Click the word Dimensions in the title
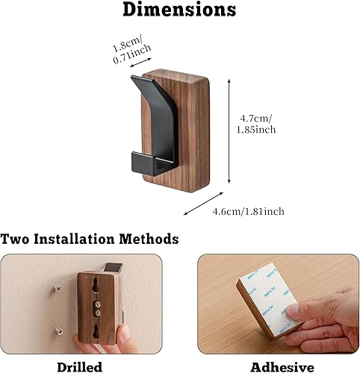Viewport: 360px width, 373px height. point(179,10)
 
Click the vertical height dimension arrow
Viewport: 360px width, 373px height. point(229,131)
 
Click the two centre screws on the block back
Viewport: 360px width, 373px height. point(96,309)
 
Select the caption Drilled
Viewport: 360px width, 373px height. point(80,366)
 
